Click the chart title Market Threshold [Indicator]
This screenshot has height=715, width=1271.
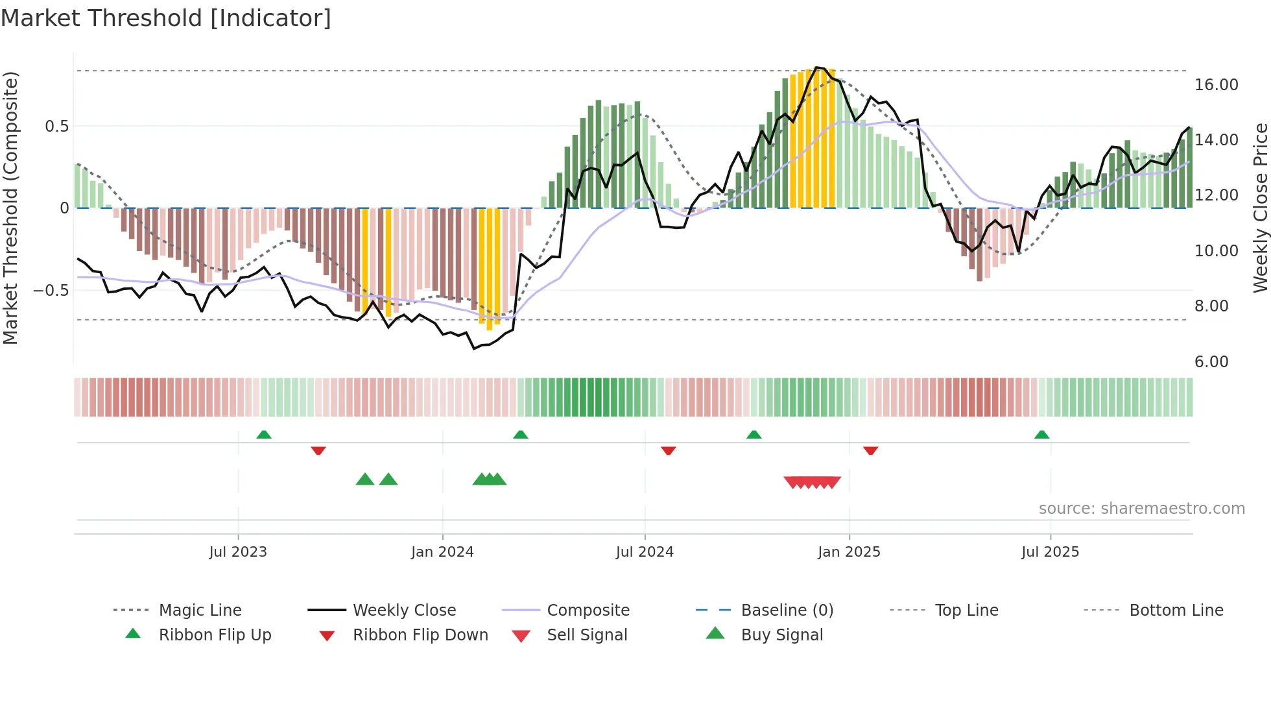[166, 18]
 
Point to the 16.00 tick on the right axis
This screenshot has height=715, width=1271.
[1216, 85]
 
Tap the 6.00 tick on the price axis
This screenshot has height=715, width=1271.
[1211, 362]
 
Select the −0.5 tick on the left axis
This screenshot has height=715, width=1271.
[51, 290]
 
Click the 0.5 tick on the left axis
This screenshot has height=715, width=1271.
[56, 126]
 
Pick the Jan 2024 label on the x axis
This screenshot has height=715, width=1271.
[442, 552]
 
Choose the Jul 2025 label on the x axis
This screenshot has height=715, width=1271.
[1050, 552]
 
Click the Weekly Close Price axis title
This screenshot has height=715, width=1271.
[1260, 208]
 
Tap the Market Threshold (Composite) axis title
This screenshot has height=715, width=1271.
[10, 208]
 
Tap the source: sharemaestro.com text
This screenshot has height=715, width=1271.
[1141, 509]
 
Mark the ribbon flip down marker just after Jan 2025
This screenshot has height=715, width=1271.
[870, 450]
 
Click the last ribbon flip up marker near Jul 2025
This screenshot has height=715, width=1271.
[1041, 435]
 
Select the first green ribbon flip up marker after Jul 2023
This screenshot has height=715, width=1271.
[263, 435]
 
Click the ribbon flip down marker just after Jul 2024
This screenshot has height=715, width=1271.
[668, 450]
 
